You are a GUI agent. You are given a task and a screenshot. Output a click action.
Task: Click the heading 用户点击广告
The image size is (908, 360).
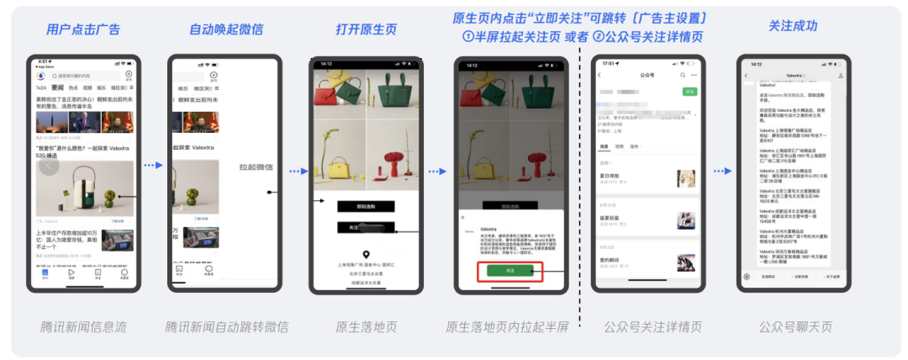point(82,29)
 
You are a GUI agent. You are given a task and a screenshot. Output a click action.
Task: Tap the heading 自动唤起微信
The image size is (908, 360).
point(226,29)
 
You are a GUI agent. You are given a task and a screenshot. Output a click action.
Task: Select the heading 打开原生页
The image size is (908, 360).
point(366,29)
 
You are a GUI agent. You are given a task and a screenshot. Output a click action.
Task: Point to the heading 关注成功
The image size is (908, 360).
point(793,26)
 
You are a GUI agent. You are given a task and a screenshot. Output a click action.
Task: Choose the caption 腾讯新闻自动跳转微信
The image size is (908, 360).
point(226,326)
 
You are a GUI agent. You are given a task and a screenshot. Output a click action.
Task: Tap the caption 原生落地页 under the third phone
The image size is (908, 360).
point(366,326)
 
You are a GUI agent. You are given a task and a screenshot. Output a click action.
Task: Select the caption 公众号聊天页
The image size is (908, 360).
point(793,326)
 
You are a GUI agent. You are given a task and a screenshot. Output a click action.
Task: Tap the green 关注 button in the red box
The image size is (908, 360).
point(509,271)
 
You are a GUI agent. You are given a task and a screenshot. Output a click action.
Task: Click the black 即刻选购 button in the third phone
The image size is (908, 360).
point(366,206)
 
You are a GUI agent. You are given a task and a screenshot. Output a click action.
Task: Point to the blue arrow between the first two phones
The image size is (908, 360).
point(152,166)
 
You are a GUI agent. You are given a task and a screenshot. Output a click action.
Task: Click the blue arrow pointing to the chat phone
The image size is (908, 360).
point(722,171)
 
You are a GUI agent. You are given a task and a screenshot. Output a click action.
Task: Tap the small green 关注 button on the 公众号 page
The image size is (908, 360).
point(689,90)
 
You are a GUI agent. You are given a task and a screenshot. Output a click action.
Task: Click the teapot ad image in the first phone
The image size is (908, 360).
point(84,188)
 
